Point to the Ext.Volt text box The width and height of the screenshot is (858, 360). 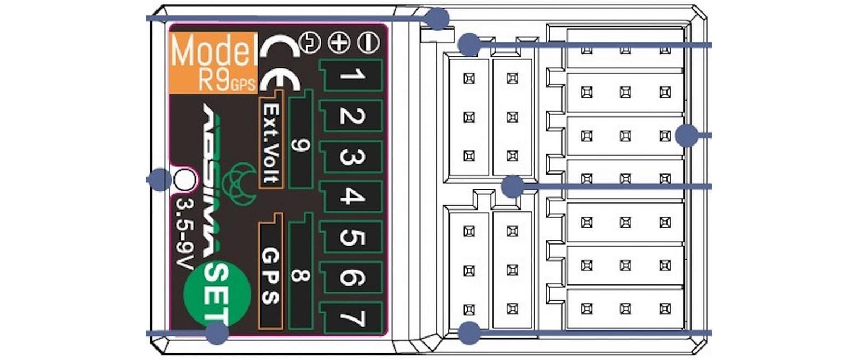pyautogui.click(x=271, y=143)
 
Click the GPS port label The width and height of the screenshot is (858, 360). pyautogui.click(x=271, y=276)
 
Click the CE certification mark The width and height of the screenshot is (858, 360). pyautogui.click(x=280, y=66)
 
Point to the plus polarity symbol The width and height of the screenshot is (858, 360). pyautogui.click(x=339, y=43)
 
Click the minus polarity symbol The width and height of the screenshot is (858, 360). pyautogui.click(x=368, y=43)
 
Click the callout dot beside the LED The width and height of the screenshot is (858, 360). pyautogui.click(x=160, y=179)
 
